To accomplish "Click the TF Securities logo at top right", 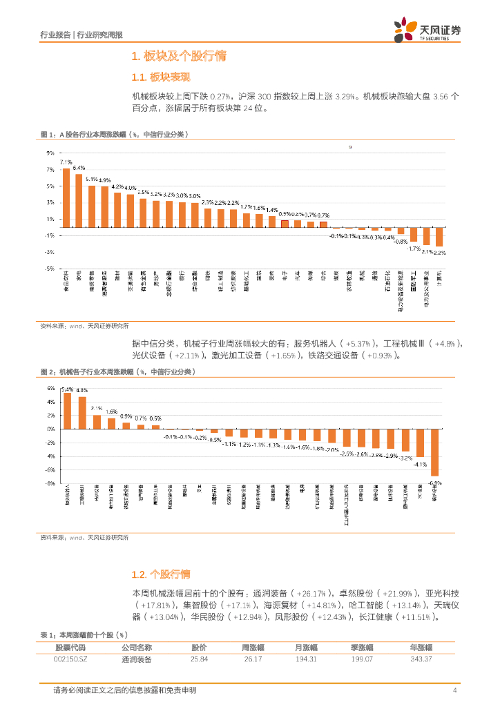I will [427, 30].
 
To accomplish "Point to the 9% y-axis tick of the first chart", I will [50, 153].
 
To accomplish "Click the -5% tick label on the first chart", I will [49, 269].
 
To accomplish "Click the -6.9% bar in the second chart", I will [435, 452].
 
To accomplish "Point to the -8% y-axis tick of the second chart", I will [50, 483].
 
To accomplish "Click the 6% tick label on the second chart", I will [50, 388].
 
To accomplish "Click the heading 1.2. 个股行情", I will [160, 574].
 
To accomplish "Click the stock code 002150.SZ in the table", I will [70, 659].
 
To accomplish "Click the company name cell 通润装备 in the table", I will [136, 659].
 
